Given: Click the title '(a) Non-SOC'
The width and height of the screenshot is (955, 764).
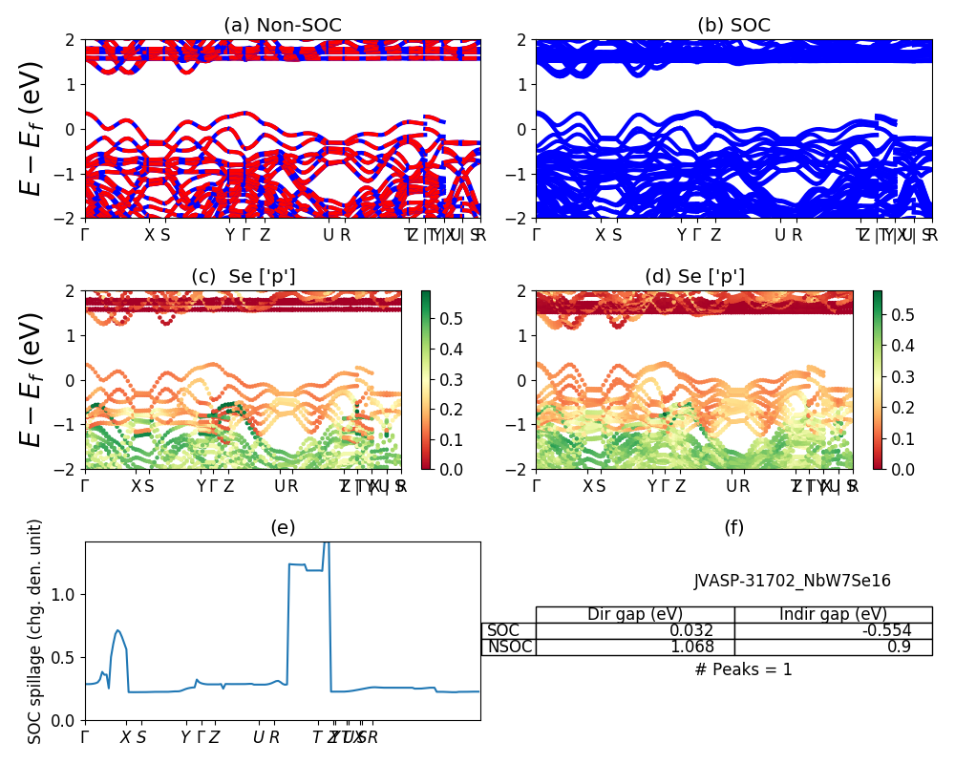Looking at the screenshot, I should point(282,26).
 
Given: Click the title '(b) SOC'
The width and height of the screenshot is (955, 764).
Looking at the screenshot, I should point(733,26).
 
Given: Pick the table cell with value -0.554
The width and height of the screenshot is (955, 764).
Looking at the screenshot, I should point(833,630).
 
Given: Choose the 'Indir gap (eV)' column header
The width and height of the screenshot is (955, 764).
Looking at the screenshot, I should point(833,614).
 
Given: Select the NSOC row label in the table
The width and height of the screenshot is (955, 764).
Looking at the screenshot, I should point(509,647).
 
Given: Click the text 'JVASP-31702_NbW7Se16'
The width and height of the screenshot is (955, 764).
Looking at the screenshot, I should point(792,581).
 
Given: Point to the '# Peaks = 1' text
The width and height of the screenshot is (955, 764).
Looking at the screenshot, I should point(743,669).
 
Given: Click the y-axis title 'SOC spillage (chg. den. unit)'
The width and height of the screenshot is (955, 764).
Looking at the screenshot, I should point(35,631).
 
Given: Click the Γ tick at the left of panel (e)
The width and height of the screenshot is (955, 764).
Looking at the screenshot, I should point(85,737).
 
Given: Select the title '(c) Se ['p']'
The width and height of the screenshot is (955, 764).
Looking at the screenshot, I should point(244,277).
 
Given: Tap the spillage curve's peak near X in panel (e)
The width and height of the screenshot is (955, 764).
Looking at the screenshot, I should point(117,630).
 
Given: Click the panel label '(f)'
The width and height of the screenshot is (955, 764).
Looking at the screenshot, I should point(733,527).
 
